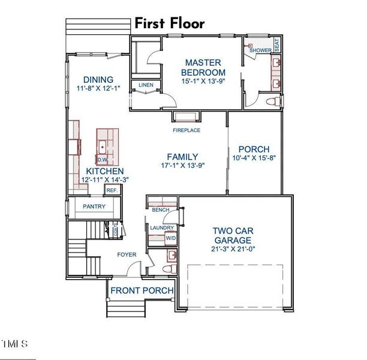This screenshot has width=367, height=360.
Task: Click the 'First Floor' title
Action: (169, 23)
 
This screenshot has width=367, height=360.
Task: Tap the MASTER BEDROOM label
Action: (203, 67)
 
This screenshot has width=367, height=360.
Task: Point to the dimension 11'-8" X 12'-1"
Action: (99, 88)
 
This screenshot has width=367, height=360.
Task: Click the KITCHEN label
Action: (105, 170)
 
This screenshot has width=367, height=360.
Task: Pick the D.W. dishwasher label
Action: (102, 160)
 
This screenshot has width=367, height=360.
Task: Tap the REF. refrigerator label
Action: (112, 190)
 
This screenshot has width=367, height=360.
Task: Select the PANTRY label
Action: (94, 206)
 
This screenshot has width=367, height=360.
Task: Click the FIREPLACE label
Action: (186, 130)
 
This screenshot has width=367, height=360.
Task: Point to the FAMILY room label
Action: (182, 156)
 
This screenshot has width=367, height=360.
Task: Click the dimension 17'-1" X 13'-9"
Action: (182, 166)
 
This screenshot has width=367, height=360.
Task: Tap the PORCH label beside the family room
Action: (254, 149)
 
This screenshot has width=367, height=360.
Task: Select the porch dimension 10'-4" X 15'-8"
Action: (254, 158)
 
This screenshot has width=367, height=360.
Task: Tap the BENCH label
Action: (160, 210)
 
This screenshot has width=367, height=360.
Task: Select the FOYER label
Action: (127, 254)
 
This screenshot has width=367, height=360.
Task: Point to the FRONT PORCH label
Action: (142, 291)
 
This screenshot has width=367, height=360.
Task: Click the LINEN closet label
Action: (146, 85)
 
